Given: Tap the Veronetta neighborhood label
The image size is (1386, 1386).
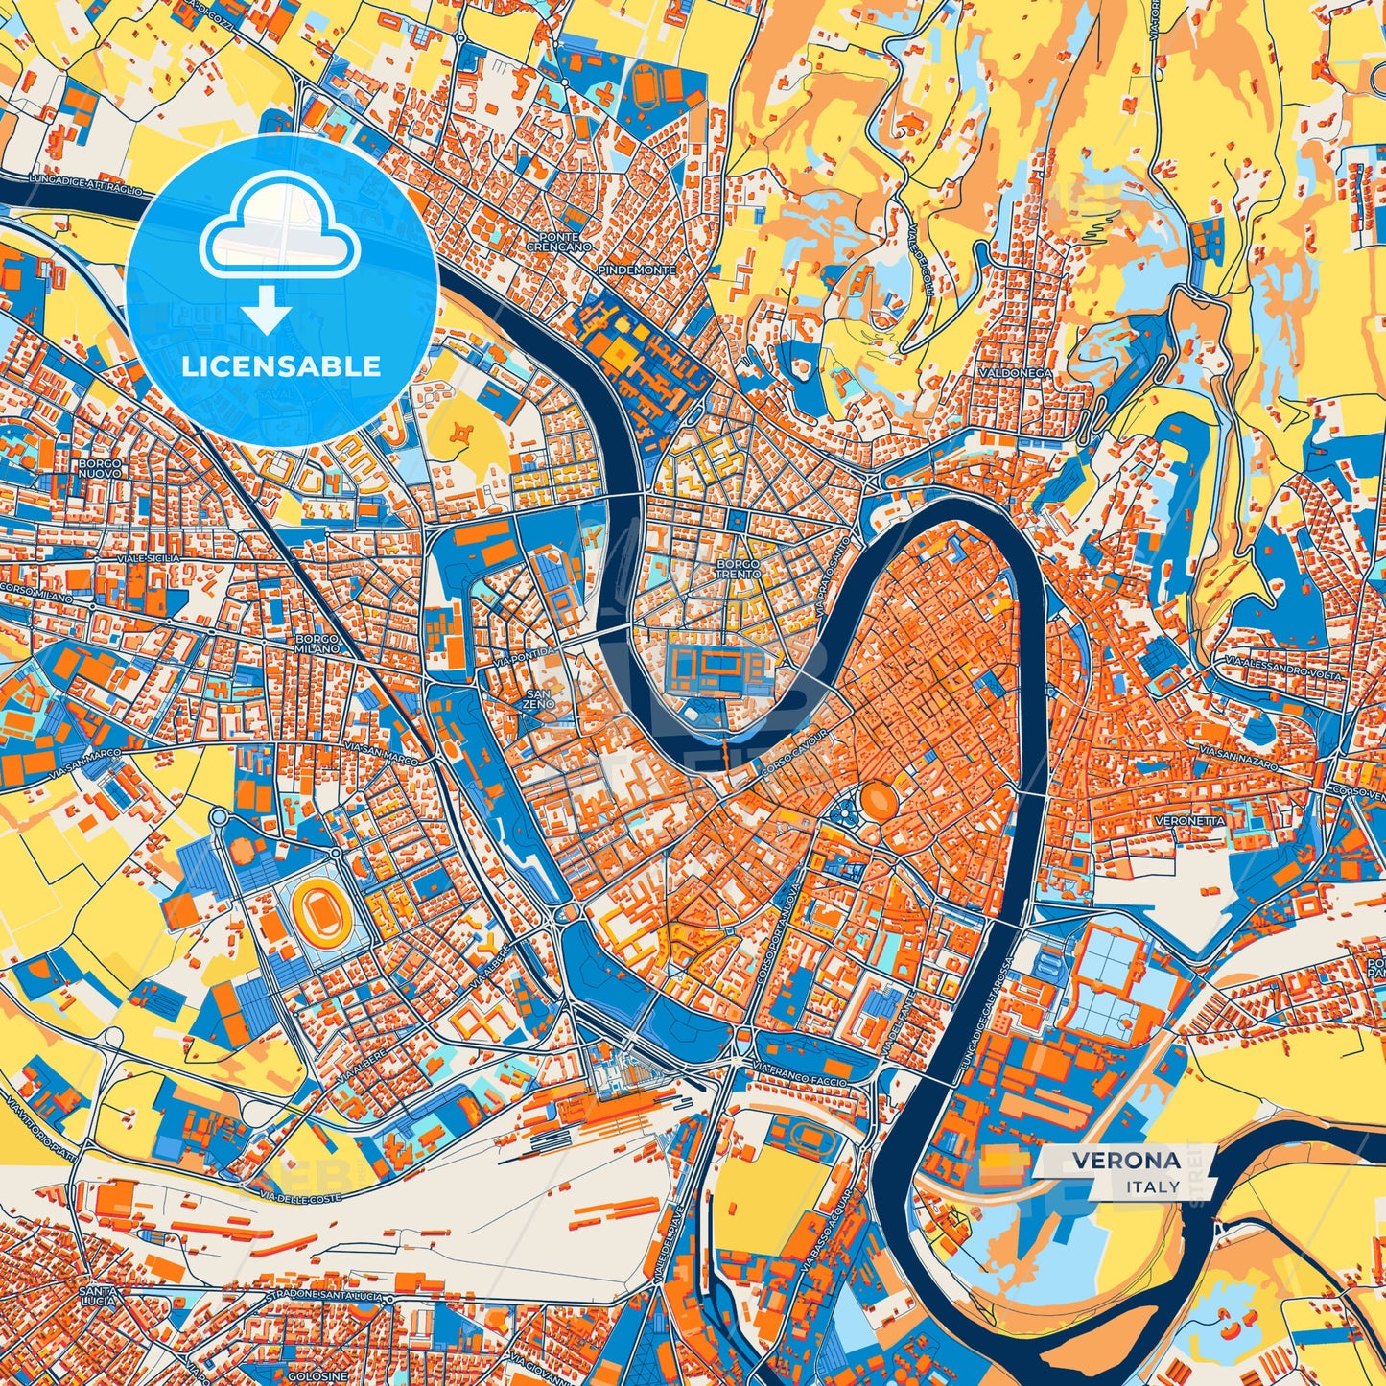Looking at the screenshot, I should click(x=1189, y=822).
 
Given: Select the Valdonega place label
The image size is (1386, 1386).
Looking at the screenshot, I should click(x=1015, y=372).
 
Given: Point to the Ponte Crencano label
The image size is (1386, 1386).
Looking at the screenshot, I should click(x=558, y=242).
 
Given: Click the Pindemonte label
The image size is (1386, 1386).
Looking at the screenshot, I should click(x=636, y=270).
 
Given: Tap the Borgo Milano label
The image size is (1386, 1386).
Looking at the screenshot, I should click(x=317, y=643).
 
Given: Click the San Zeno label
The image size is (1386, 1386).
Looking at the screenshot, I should click(x=538, y=698).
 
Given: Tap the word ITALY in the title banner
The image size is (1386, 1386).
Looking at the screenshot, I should click(x=1154, y=1186).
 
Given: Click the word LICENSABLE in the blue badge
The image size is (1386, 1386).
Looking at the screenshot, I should click(x=282, y=366).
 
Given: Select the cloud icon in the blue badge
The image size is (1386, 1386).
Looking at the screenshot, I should click(x=279, y=234).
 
